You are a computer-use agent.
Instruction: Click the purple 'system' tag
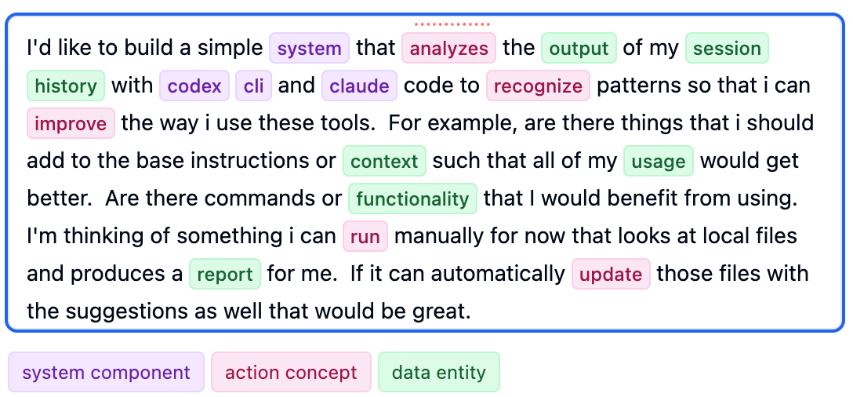click(309, 48)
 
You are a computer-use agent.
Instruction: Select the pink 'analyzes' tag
click(448, 48)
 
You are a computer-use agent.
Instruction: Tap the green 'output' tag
click(579, 48)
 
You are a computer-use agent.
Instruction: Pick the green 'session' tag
click(727, 48)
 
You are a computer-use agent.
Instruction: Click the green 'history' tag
click(66, 86)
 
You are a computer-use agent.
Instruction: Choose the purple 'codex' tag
click(194, 86)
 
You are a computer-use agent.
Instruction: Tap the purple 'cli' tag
click(253, 86)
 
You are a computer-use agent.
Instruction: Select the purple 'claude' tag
click(360, 86)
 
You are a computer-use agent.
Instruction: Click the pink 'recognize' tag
click(538, 86)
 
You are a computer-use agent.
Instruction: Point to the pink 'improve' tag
click(71, 123)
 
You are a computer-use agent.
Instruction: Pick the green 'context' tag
click(384, 161)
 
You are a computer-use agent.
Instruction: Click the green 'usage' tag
click(659, 161)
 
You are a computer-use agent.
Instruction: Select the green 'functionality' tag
click(412, 198)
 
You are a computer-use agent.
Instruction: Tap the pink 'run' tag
click(365, 236)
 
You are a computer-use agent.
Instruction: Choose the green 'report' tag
click(224, 274)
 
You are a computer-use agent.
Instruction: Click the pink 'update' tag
click(611, 274)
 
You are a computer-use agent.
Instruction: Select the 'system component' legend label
click(106, 373)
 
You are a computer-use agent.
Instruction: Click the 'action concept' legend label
click(291, 373)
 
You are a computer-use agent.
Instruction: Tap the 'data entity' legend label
click(438, 373)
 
